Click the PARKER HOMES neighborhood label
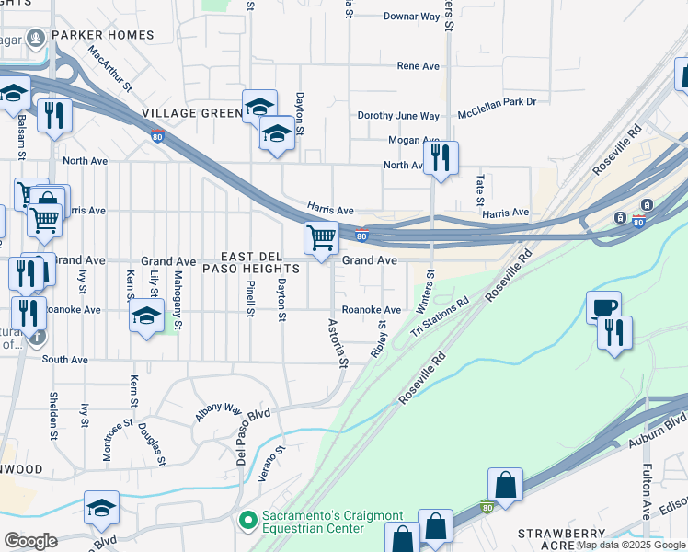pos(102,35)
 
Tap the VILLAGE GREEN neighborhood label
pos(191,113)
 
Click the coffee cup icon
pos(604,307)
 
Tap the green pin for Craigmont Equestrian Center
pos(247,522)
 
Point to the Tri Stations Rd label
pos(440,316)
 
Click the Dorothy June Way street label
pos(398,116)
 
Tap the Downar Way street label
pos(411,17)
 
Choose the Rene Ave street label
pos(418,66)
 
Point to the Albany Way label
pos(217,411)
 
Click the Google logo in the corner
pos(30,541)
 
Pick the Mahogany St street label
pos(178,294)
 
